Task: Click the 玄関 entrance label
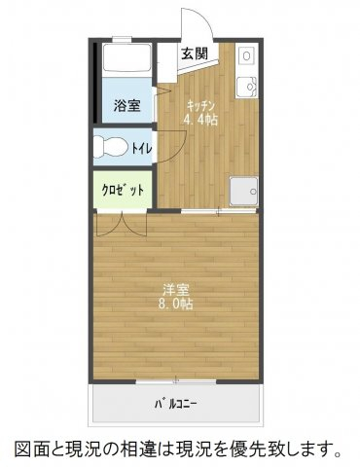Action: (x=193, y=54)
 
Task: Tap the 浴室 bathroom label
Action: (x=126, y=105)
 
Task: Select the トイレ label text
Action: (x=141, y=148)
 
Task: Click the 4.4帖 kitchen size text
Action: (x=200, y=121)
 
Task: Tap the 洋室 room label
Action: (x=176, y=288)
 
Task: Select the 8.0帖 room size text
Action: (x=176, y=305)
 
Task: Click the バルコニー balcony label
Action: (x=175, y=402)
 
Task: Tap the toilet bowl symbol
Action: (x=110, y=148)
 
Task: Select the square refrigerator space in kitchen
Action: (x=241, y=192)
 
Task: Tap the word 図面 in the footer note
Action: (x=30, y=449)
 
